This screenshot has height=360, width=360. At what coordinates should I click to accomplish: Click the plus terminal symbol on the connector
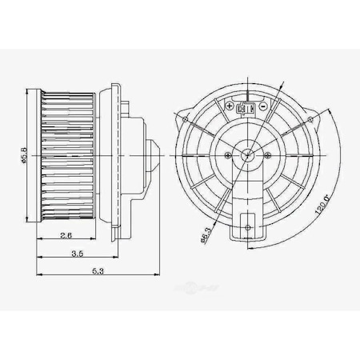231,105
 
